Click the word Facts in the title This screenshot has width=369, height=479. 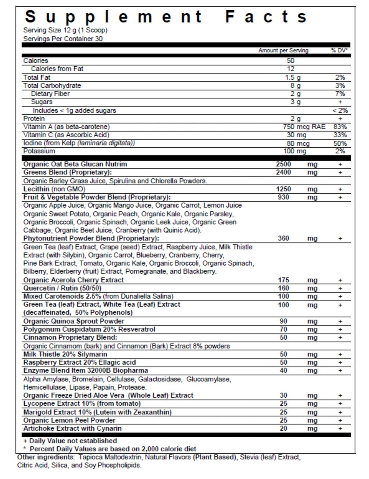[266, 17]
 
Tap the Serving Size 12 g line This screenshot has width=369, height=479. [65, 30]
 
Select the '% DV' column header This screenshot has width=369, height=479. [339, 51]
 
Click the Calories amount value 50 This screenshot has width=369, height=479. [290, 61]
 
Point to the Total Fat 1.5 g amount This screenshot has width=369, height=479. [293, 77]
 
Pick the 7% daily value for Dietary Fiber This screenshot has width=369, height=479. [340, 94]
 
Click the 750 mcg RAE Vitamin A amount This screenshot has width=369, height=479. [304, 127]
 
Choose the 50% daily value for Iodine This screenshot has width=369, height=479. [340, 143]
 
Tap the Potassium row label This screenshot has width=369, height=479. [39, 151]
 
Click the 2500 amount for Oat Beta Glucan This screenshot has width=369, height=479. [283, 164]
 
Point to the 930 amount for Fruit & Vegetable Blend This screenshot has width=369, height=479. [283, 197]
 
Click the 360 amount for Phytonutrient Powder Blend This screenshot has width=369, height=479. [283, 238]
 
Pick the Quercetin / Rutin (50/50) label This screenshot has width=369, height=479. [62, 288]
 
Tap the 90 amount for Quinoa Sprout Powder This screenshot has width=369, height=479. [283, 321]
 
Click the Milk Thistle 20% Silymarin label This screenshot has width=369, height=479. [65, 354]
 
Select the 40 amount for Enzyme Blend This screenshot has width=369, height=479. [283, 371]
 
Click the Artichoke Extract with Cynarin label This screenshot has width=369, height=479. [72, 428]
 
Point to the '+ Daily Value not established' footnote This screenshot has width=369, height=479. [70, 441]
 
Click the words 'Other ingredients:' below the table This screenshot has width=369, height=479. [46, 457]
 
